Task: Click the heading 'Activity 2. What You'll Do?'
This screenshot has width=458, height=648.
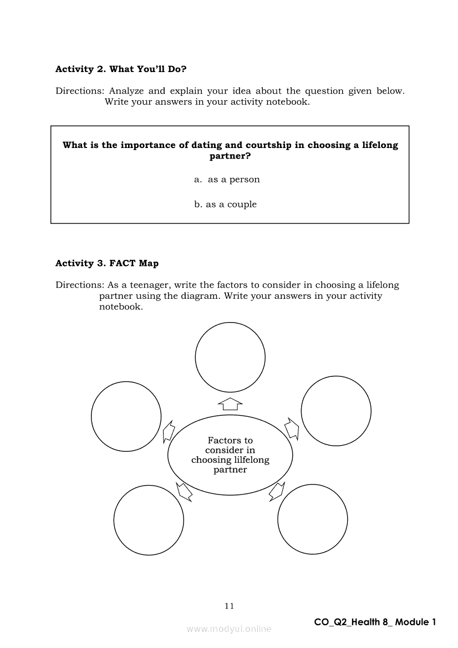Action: (121, 69)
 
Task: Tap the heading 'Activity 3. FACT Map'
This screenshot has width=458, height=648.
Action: (107, 263)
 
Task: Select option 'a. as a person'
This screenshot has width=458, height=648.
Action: (227, 180)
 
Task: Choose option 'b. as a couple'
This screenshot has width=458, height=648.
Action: (226, 205)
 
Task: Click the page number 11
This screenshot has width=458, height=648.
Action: (229, 606)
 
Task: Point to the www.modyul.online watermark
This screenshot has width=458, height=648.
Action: (229, 629)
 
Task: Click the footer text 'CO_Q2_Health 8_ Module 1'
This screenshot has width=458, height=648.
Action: (375, 622)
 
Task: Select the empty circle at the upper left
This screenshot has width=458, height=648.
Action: (126, 416)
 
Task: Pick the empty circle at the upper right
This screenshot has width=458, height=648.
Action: (336, 411)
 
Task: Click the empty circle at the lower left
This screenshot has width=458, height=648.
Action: (149, 519)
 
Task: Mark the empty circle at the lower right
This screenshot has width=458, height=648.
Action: (313, 519)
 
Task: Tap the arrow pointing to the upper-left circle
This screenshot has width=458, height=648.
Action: (169, 431)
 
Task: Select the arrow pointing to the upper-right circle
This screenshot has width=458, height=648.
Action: (292, 427)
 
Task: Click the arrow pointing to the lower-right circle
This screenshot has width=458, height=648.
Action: (277, 491)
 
